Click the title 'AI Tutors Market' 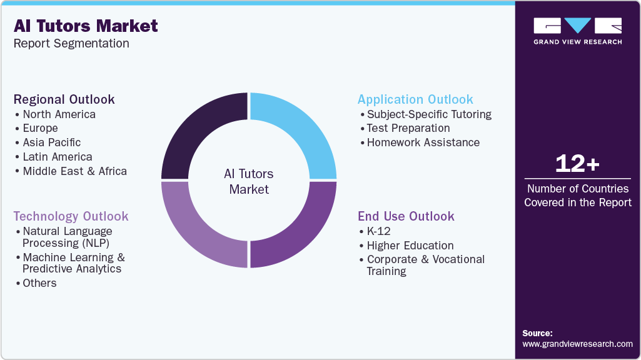86,26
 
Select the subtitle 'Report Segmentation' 71,44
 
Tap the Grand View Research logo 577,31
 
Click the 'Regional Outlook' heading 64,99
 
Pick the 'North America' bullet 59,114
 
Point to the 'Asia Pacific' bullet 51,142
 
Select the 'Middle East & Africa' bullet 74,171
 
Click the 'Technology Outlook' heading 71,216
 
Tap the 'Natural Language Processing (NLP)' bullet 67,237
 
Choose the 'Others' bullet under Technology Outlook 39,283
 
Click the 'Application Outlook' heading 415,99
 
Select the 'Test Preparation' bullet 408,128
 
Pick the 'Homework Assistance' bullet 423,142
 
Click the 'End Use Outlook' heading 406,216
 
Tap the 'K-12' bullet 379,231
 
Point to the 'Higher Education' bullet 410,246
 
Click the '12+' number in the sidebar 577,164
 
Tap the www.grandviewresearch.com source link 577,344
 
